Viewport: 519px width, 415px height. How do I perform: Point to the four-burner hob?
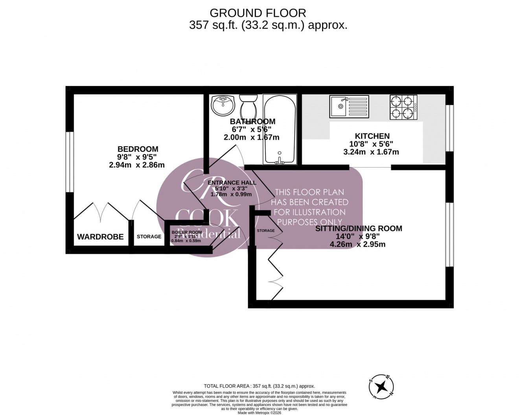[x=403, y=107]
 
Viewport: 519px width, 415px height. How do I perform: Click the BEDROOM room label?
[x=138, y=149]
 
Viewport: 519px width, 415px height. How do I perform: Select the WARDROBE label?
[x=100, y=237]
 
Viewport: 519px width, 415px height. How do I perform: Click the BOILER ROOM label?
[x=187, y=232]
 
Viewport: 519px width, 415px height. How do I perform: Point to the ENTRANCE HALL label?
[x=232, y=183]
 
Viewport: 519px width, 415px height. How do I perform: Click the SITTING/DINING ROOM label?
[x=359, y=228]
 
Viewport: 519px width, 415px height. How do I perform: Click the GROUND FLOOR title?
[x=258, y=13]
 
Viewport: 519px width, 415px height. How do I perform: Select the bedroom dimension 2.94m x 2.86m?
[x=137, y=165]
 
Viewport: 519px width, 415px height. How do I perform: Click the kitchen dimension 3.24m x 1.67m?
[x=371, y=152]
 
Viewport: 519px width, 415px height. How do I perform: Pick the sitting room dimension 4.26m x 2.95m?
[x=357, y=244]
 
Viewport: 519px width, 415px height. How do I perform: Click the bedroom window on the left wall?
[x=70, y=162]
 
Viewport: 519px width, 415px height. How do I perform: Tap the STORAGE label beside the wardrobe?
[x=149, y=237]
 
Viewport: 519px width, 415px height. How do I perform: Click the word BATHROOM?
[x=252, y=121]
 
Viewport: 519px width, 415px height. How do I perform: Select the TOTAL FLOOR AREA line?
[x=259, y=386]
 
